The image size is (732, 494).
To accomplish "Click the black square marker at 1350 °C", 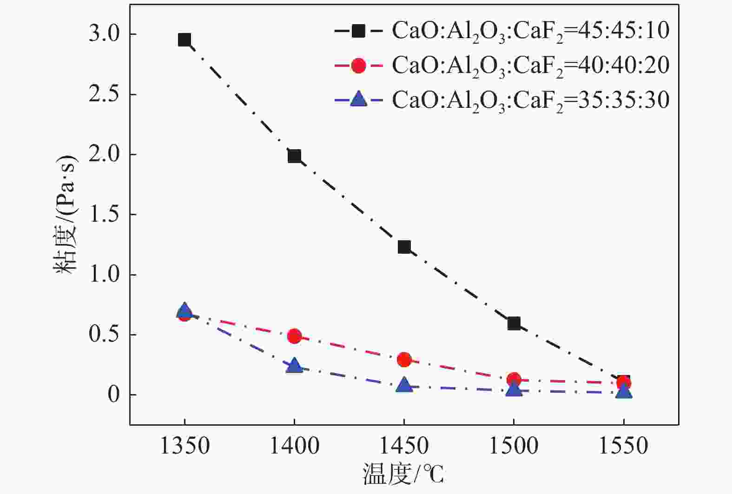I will pos(185,40).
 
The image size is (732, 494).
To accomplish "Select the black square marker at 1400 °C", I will pos(294,156).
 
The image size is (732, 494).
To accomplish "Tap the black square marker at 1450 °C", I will pos(404,247).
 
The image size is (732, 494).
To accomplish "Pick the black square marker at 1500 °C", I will pos(514,323).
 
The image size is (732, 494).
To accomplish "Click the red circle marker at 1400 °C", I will pos(294,336).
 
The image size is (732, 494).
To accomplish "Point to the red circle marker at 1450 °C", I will pos(404,359).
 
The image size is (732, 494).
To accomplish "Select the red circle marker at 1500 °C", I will pos(514,379).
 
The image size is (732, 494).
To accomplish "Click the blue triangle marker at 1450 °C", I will pos(404,385).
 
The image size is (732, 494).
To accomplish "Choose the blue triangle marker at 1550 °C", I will pos(624,392).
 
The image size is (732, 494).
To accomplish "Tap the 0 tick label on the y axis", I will pos(113,395).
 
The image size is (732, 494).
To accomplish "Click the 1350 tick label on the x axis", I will pos(185,446).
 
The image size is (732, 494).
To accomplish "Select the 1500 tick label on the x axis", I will pos(514,446).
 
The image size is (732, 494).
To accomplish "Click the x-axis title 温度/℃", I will pos(403,474).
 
